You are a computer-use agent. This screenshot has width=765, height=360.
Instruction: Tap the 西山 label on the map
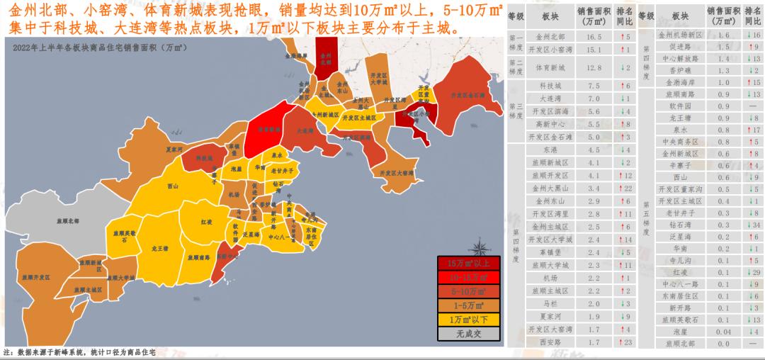172,186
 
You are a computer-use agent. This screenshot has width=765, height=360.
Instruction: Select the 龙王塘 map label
159,249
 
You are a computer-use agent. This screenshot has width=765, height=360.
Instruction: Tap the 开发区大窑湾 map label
396,172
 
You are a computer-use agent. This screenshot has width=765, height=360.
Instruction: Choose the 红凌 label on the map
206,222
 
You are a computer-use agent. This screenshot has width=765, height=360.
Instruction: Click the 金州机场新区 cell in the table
680,34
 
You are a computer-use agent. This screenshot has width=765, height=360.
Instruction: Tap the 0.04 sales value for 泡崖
722,331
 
